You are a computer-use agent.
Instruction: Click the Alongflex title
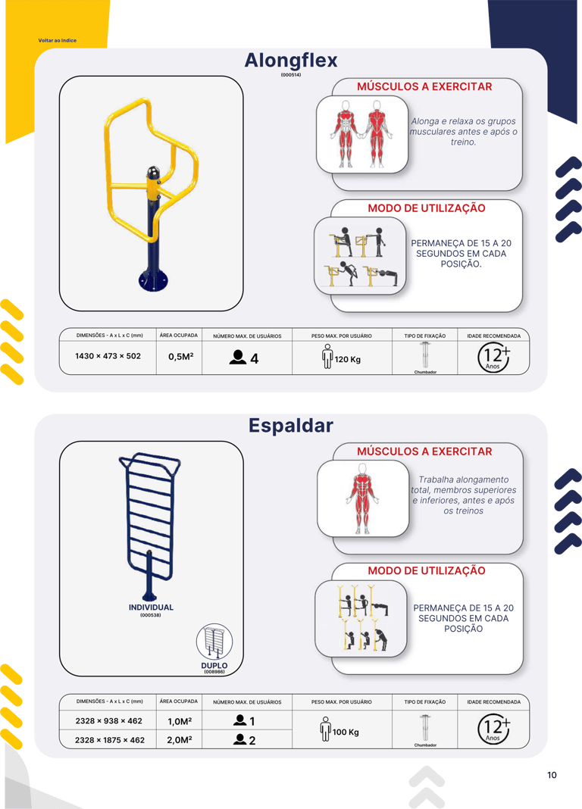(291, 61)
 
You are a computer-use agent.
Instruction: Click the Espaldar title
(291, 426)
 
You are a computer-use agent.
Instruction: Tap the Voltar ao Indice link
(58, 40)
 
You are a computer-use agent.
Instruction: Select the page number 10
(552, 775)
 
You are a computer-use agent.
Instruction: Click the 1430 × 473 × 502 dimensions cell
(108, 356)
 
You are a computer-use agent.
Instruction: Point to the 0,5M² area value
(180, 356)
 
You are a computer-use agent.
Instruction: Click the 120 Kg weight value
(347, 359)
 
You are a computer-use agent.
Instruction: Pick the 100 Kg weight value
(346, 732)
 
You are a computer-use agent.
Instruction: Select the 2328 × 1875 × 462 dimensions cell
(110, 740)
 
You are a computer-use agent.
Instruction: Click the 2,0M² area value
(180, 740)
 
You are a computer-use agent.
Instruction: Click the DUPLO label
(214, 666)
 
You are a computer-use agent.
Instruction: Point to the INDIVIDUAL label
(151, 608)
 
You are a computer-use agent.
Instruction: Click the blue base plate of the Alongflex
(153, 281)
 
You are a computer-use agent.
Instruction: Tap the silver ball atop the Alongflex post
(153, 172)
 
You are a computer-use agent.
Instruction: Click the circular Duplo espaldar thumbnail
(214, 642)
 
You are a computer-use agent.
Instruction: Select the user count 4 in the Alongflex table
(255, 359)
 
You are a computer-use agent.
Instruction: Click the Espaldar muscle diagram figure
(362, 498)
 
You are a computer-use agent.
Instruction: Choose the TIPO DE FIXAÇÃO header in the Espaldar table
(424, 701)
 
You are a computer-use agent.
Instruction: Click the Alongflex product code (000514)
(291, 75)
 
